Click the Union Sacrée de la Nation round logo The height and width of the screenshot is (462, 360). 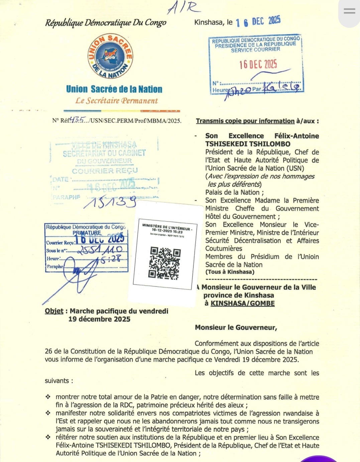(110, 56)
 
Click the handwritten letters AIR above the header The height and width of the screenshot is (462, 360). (184, 7)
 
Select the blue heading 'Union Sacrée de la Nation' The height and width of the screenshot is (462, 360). (114, 89)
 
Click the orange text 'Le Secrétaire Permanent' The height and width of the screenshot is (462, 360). (116, 101)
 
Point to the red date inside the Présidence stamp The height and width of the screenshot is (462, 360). (258, 64)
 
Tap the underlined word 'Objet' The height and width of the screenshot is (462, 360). (54, 311)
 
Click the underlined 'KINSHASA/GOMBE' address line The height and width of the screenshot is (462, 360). (242, 303)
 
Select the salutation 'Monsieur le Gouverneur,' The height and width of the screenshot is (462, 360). (236, 327)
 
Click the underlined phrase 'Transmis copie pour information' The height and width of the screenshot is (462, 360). (245, 121)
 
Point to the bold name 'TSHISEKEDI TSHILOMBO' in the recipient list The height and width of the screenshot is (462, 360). (248, 144)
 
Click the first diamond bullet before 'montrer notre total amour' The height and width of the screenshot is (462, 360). (48, 397)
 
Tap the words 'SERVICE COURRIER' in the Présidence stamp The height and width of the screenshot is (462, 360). (255, 49)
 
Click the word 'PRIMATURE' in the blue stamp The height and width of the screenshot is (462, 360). (87, 233)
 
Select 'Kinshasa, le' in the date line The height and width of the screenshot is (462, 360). (213, 22)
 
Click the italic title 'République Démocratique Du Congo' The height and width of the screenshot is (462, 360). (106, 23)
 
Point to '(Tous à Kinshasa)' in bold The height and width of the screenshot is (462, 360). (230, 272)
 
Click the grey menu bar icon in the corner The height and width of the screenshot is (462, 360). (349, 11)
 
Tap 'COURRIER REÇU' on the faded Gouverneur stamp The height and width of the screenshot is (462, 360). (105, 171)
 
